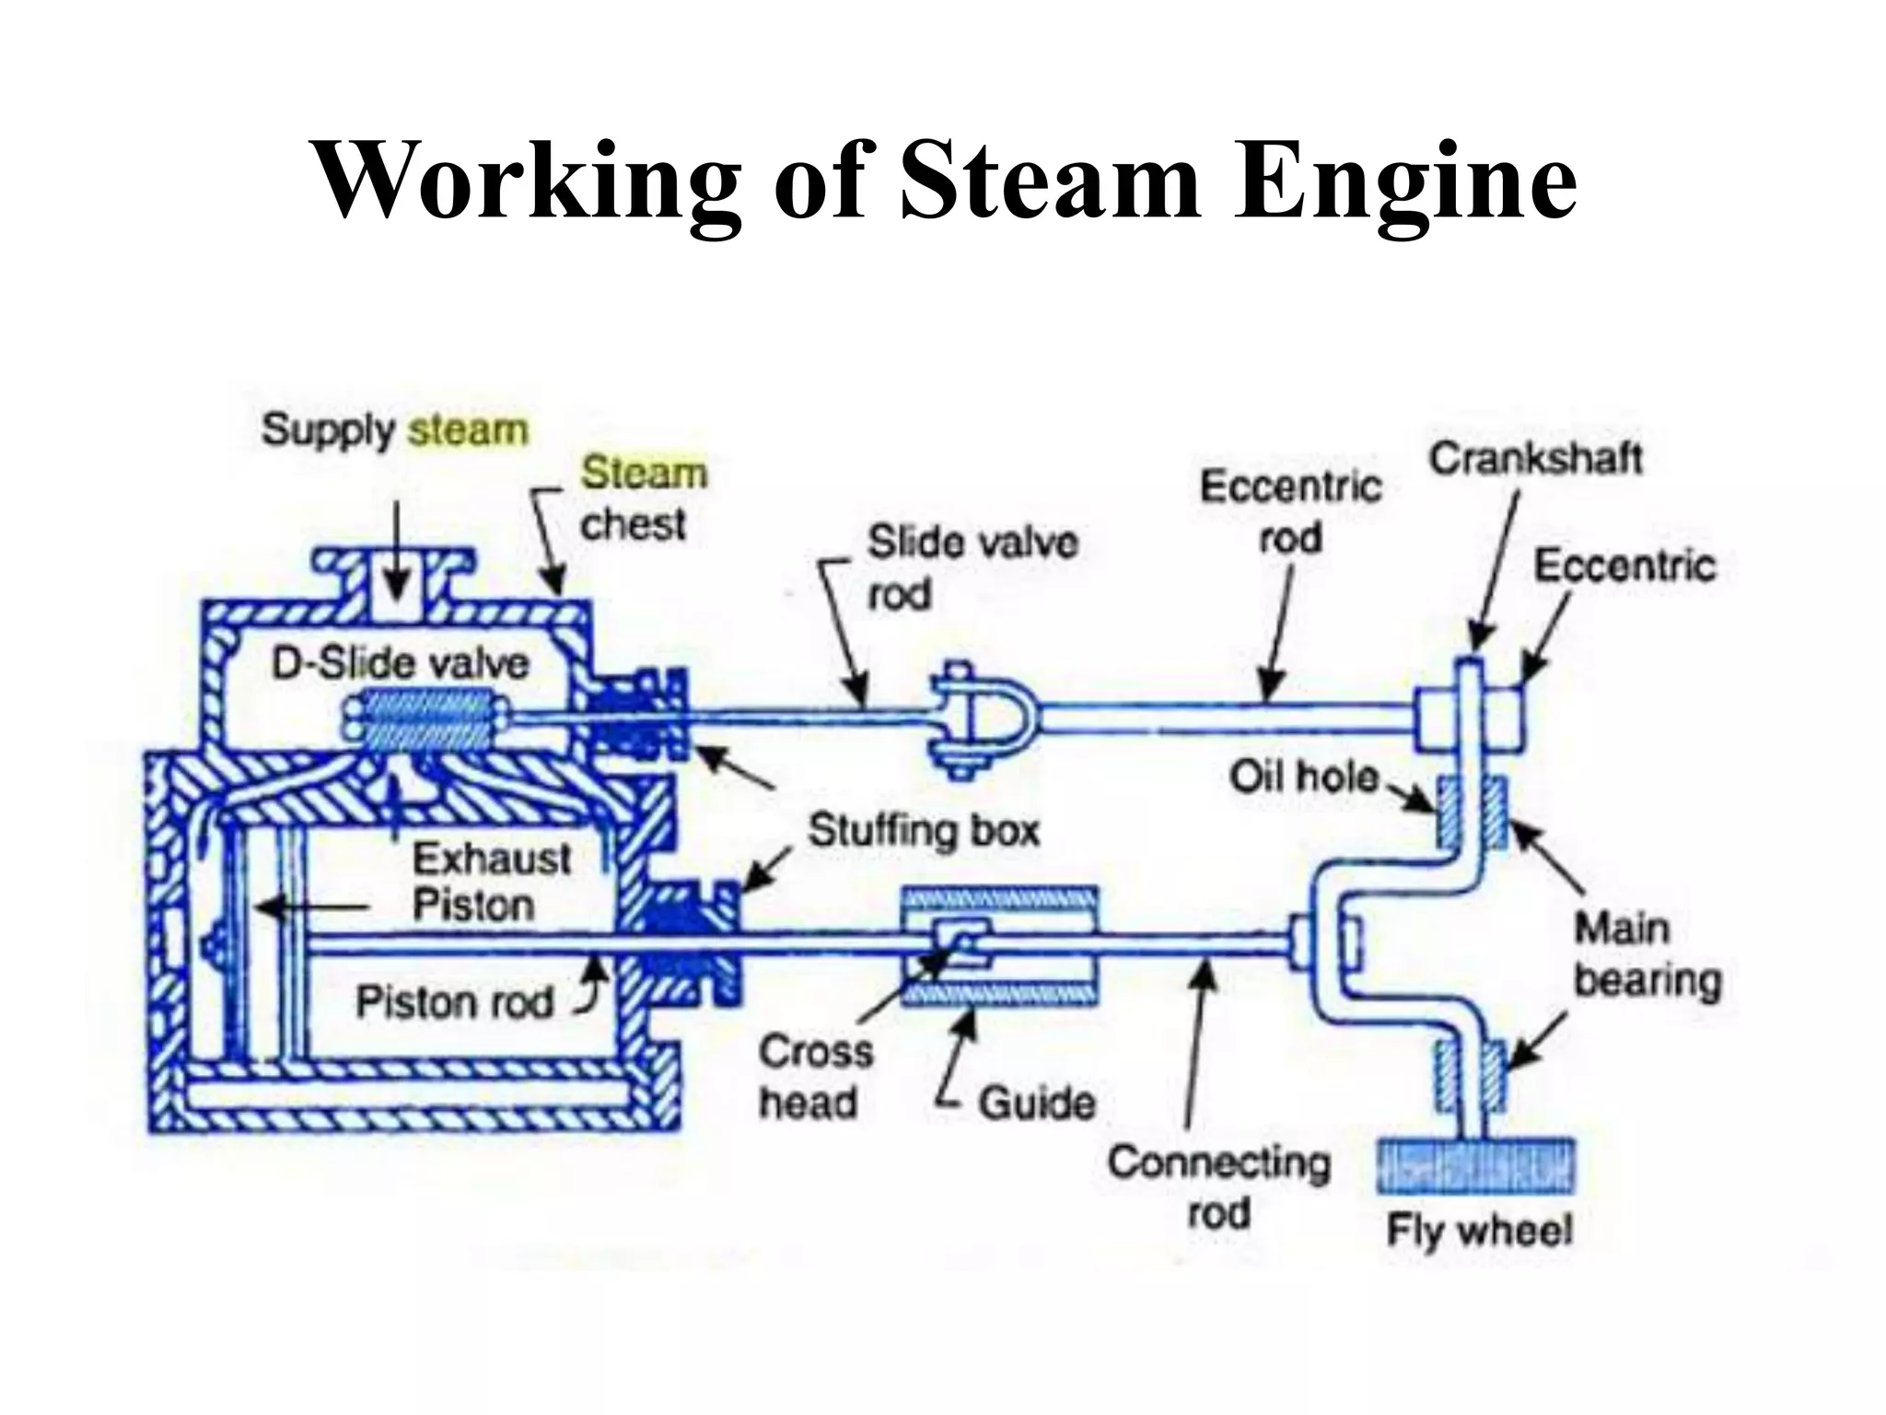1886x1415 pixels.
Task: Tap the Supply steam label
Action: coord(395,430)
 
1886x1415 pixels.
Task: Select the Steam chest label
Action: coord(642,498)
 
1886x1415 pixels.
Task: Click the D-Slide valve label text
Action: coord(400,663)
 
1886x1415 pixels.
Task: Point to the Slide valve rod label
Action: coord(972,567)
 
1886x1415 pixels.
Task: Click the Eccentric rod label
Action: coord(1290,511)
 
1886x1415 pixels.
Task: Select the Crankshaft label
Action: coord(1535,458)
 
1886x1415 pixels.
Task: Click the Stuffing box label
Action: coord(924,831)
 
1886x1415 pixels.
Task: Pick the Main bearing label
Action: coord(1646,954)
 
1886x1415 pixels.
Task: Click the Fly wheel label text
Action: coord(1479,1230)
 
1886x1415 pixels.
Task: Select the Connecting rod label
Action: coord(1218,1187)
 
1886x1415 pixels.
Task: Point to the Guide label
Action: coord(1036,1102)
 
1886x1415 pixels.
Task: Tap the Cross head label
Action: coord(814,1076)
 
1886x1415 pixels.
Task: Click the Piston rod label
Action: coord(454,1002)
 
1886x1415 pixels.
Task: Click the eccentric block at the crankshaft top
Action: coord(1469,719)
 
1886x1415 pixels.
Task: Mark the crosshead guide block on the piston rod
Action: coord(999,945)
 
